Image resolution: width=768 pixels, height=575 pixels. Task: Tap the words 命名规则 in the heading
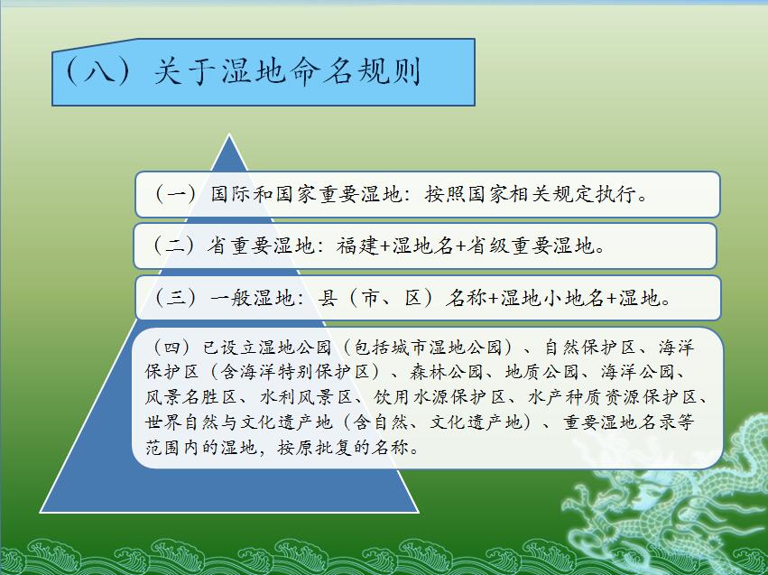coord(355,71)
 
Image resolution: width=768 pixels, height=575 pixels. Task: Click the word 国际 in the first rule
coord(231,194)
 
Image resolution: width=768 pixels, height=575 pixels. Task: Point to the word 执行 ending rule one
coord(615,194)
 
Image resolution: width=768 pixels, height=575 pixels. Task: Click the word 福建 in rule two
coord(357,246)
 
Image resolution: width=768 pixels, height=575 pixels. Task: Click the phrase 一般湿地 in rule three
coord(253,298)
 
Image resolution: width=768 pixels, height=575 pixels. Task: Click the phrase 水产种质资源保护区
coord(613,397)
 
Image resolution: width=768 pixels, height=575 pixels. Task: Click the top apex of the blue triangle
coord(228,134)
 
